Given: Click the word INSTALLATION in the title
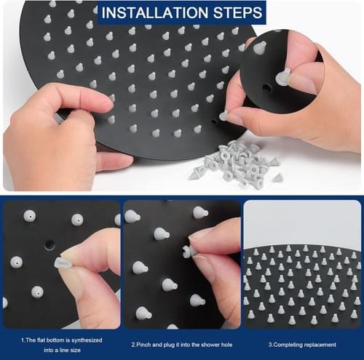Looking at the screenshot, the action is (155, 12).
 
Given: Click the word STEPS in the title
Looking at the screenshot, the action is (238, 12).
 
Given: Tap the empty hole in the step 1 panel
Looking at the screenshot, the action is (50, 244).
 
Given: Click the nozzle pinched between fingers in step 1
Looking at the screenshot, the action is (60, 263).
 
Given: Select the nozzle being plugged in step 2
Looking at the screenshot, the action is (187, 252).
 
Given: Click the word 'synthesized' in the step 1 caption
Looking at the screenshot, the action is (87, 340).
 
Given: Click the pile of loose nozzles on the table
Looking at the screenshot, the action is (234, 164).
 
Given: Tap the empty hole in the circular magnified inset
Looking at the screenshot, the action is (268, 87).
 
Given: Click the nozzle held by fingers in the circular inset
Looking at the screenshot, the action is (283, 76).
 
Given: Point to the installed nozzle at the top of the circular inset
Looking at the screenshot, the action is (260, 47).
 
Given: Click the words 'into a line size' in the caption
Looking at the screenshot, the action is (62, 350).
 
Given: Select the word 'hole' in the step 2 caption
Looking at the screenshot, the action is (226, 345).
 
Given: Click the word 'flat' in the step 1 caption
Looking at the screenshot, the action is (41, 340).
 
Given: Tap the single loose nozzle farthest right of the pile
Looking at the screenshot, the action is (277, 178).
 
